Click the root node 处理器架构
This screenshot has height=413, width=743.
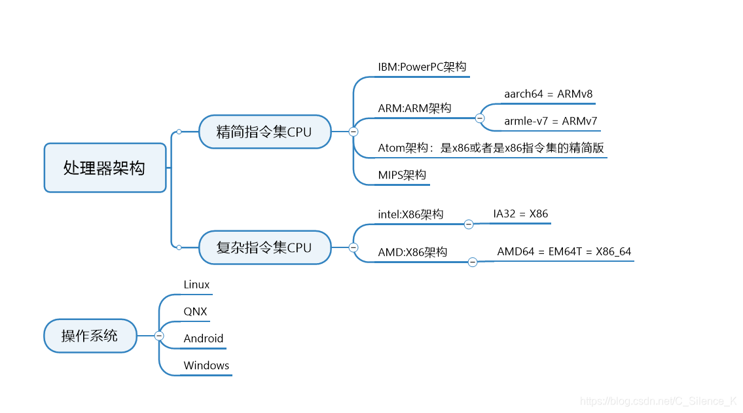click(x=105, y=168)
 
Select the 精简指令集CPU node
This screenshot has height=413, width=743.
click(x=264, y=132)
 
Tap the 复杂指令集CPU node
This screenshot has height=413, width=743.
click(x=264, y=247)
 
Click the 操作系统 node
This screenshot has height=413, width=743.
click(x=90, y=336)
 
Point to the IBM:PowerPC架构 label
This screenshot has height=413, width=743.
click(x=422, y=67)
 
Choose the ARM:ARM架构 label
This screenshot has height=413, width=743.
click(x=414, y=108)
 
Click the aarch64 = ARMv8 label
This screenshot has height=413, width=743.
click(x=548, y=94)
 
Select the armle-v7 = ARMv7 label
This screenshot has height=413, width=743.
click(x=550, y=121)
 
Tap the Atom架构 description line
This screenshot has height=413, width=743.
click(x=490, y=148)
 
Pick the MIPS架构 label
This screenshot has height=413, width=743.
click(x=402, y=175)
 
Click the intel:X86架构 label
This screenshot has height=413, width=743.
click(x=410, y=214)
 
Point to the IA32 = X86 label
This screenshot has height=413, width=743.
click(x=520, y=213)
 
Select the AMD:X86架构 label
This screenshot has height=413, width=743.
click(x=412, y=252)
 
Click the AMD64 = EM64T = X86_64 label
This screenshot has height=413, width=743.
click(x=564, y=251)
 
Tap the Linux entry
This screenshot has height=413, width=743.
click(x=196, y=284)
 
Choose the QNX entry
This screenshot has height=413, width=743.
click(x=195, y=312)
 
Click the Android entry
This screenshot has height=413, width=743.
click(x=203, y=338)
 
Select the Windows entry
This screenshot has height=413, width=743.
click(x=206, y=365)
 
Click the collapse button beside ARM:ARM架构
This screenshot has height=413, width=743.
click(x=479, y=118)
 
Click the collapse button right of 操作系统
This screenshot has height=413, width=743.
click(x=159, y=336)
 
